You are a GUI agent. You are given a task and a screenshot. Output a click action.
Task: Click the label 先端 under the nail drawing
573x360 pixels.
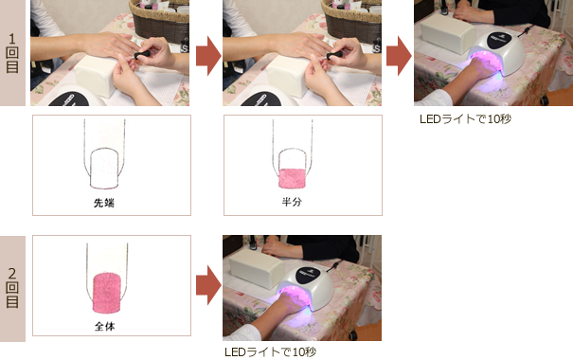coord(104,203)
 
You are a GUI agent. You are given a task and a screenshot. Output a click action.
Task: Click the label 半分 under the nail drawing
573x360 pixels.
coord(292,202)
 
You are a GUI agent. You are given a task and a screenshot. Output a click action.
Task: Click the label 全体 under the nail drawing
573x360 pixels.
coord(105,326)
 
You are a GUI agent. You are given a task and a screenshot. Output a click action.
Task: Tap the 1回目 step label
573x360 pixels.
coord(12,53)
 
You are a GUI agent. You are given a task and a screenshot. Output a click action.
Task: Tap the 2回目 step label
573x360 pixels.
coord(12,288)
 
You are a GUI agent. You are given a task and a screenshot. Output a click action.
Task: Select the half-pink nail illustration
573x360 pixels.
coord(293,154)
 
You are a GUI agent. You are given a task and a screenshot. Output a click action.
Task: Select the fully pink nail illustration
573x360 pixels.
coord(107,278)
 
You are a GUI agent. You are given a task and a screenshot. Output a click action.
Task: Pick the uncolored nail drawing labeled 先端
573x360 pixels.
coord(104,154)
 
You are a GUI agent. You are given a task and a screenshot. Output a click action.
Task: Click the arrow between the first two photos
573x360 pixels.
coord(208,56)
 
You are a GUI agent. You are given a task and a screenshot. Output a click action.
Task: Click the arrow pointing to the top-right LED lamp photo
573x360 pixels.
coord(399,56)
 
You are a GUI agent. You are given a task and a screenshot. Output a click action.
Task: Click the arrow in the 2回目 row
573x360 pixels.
coord(208,285)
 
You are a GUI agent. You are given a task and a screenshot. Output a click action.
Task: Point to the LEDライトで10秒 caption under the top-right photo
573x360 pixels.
coord(465,118)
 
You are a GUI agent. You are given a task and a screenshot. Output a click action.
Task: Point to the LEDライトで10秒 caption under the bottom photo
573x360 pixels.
coord(271,352)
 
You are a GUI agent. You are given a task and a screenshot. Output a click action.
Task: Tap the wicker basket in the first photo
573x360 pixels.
coord(159,21)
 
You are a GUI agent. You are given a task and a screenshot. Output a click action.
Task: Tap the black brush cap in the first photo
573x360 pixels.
coord(142,55)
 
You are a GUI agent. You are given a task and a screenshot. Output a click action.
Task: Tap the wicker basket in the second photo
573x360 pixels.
coord(351,21)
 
